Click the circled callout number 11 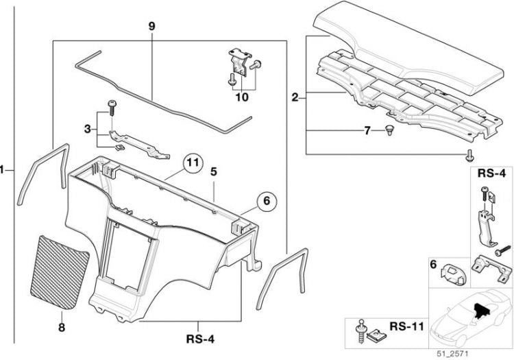click(x=193, y=163)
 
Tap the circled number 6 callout click(x=267, y=201)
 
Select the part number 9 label click(x=151, y=26)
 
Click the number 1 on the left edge click(x=3, y=168)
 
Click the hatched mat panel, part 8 click(x=61, y=271)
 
